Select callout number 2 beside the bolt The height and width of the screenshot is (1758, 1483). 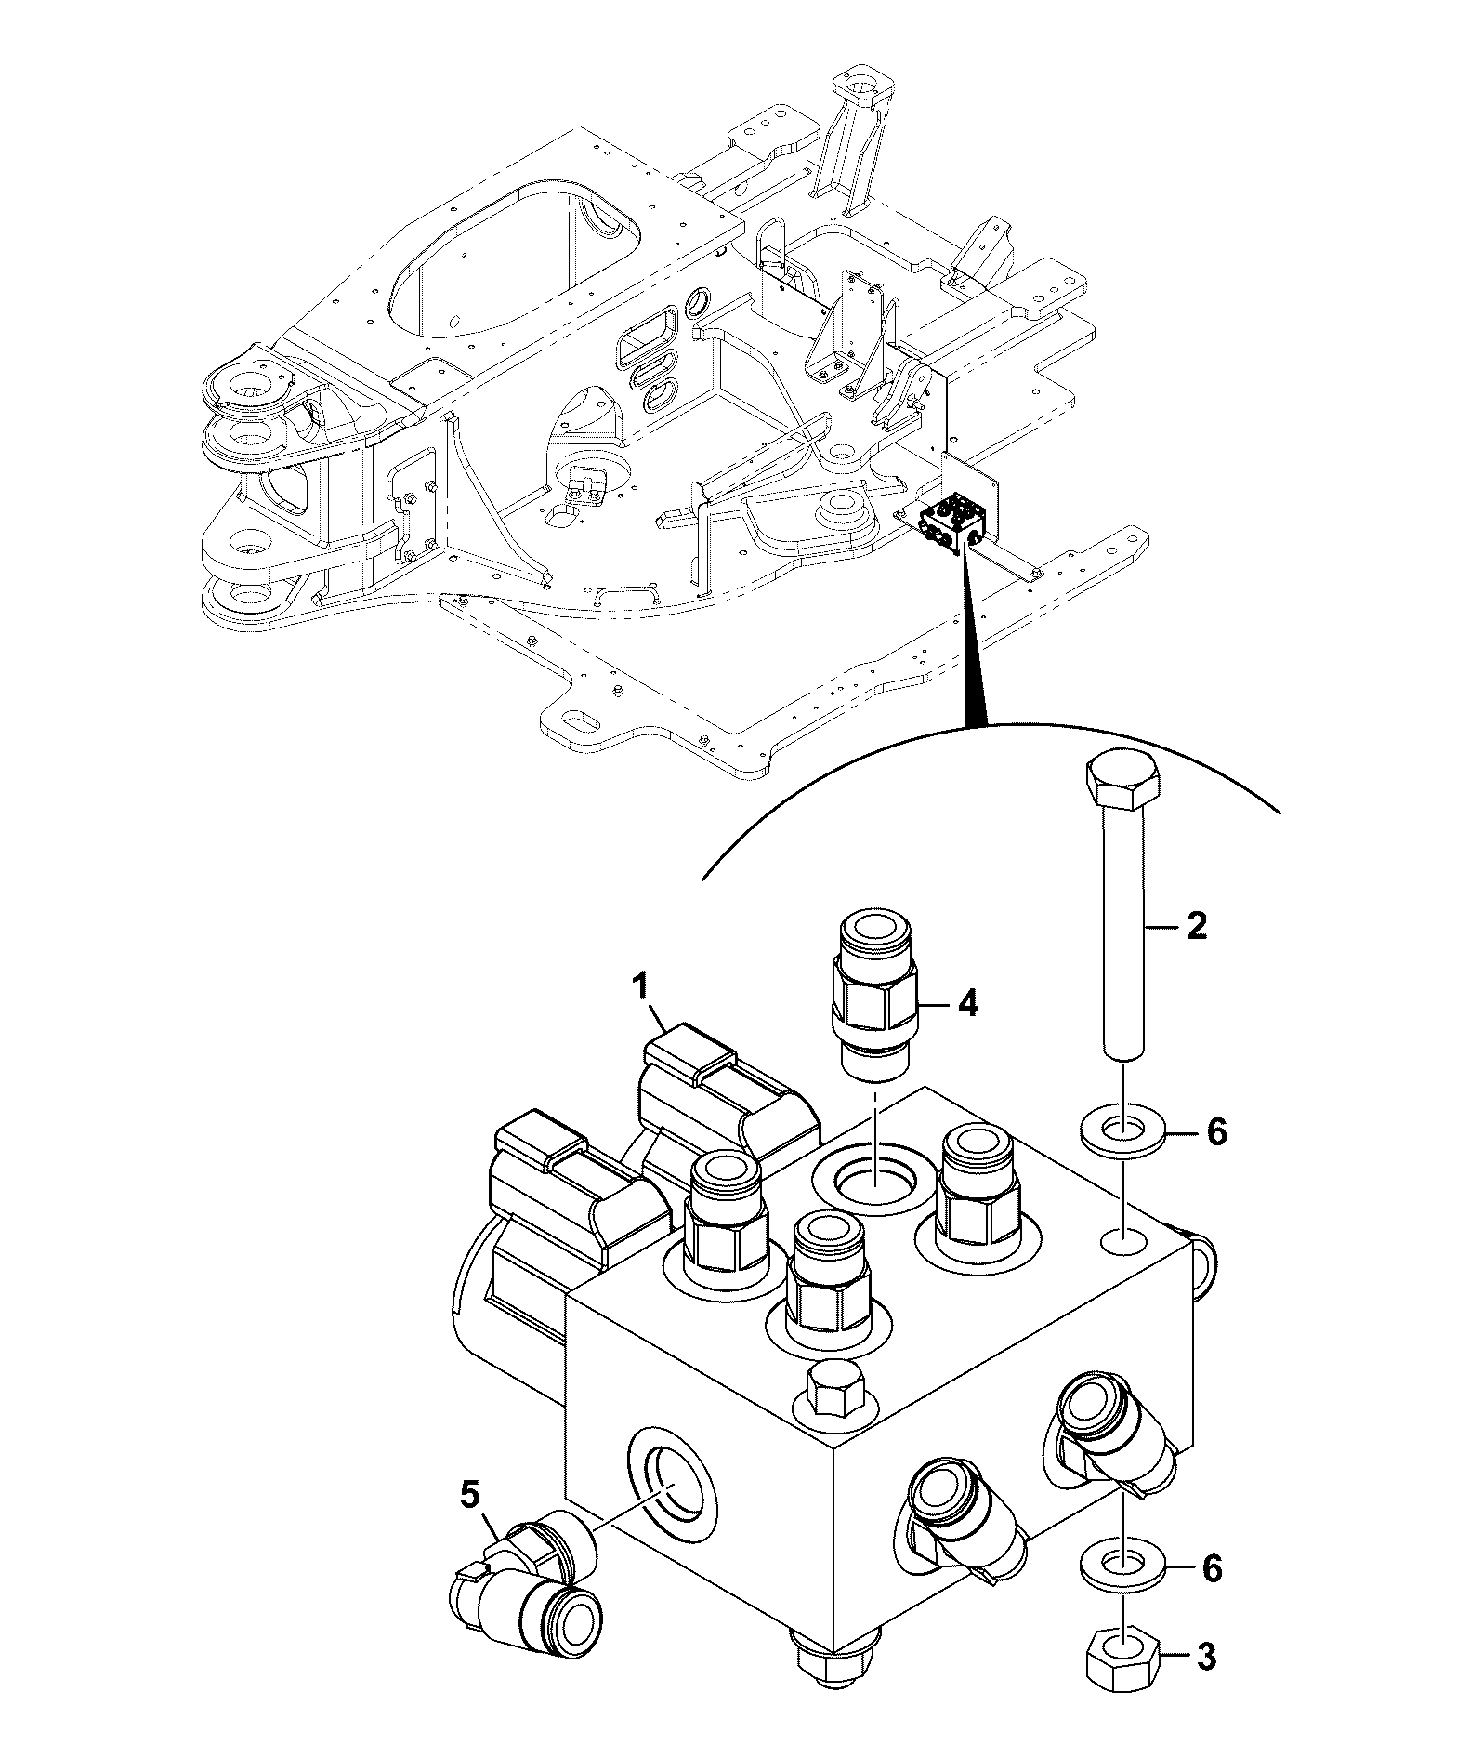point(1196,926)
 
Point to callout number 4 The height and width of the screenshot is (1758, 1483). point(968,1004)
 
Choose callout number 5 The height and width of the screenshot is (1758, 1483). point(471,1496)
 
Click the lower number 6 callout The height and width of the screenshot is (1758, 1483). point(1213,1569)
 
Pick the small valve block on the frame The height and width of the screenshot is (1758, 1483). point(954,527)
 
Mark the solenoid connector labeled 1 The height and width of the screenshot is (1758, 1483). point(729,1095)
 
